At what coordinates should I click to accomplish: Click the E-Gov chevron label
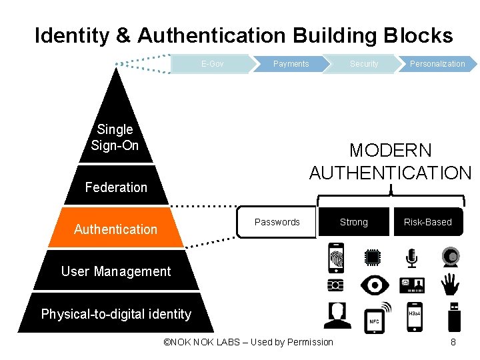[212, 64]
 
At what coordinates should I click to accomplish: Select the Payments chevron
[291, 64]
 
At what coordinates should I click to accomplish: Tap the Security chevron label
[364, 64]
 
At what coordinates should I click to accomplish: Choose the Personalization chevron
[437, 64]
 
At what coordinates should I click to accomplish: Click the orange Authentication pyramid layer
[116, 229]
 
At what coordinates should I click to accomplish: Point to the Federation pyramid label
[116, 187]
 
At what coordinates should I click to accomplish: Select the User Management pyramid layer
[116, 271]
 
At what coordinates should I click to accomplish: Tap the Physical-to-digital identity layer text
[116, 314]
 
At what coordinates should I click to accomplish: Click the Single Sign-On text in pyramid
[115, 137]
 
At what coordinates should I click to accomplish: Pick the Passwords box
[277, 222]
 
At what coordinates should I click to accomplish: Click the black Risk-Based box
[427, 222]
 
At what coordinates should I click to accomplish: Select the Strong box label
[353, 222]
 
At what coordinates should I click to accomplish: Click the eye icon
[375, 285]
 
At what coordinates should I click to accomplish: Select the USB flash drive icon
[454, 316]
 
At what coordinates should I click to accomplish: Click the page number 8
[453, 342]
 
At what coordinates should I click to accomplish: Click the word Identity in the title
[73, 35]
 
